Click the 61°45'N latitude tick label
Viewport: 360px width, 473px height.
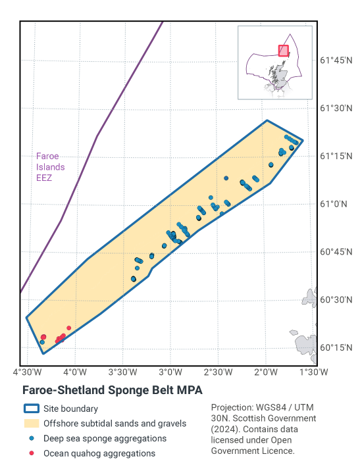(337, 60)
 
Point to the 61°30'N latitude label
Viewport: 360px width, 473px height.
(337, 108)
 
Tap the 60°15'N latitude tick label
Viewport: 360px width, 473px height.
(337, 348)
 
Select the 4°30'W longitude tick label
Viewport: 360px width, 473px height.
(26, 372)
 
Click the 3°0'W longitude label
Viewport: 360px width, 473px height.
(170, 372)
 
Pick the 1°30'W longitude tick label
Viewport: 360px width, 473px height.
(313, 372)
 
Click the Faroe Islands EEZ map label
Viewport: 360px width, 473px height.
(47, 167)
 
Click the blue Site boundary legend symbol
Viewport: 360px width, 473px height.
(31, 409)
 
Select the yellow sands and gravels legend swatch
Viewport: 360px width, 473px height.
(31, 424)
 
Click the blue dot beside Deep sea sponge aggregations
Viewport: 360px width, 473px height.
(31, 438)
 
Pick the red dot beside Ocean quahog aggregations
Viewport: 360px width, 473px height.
(31, 453)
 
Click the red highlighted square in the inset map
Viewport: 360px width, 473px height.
(283, 51)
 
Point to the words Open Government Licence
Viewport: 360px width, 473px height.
(253, 445)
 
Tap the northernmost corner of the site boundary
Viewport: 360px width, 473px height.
(267, 120)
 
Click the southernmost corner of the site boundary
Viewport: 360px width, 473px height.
(43, 353)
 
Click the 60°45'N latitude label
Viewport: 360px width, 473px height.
(337, 252)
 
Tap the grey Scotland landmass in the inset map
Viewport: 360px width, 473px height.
(280, 76)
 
